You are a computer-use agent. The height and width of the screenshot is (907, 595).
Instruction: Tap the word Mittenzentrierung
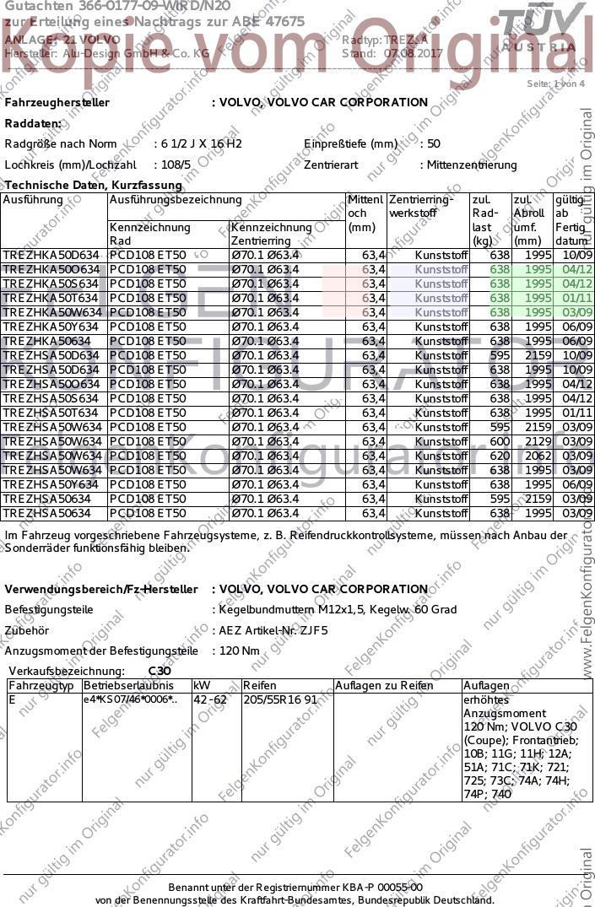(x=472, y=165)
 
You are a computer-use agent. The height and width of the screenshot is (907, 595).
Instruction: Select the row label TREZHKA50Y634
(x=51, y=327)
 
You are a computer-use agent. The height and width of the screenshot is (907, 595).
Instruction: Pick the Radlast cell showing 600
(x=500, y=441)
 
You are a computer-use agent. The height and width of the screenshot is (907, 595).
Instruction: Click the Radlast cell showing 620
(x=500, y=456)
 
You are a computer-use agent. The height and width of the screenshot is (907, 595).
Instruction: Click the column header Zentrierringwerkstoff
(x=421, y=207)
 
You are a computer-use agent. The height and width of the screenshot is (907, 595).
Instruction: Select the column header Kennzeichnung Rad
(x=150, y=234)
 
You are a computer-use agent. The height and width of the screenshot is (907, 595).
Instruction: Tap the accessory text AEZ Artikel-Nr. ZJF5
(x=273, y=629)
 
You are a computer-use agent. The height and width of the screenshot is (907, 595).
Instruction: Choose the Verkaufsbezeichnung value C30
(x=160, y=671)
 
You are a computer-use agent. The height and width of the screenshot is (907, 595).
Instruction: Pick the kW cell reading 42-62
(x=210, y=699)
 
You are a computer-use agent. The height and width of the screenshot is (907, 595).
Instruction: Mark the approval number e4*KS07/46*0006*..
(x=130, y=699)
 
